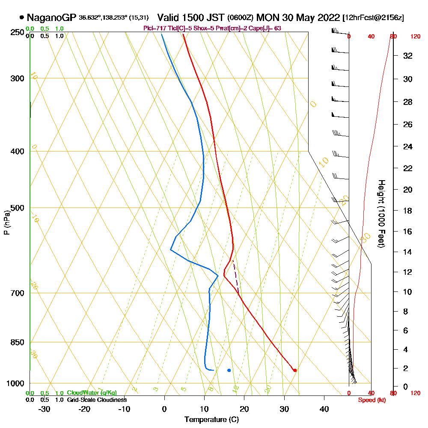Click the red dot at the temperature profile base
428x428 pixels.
pyautogui.click(x=295, y=370)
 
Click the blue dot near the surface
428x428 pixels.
pyautogui.click(x=229, y=370)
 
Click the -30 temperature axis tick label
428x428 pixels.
pyautogui.click(x=45, y=409)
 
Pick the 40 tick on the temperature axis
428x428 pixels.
pyautogui.click(x=324, y=409)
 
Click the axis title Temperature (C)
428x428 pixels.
pyautogui.click(x=211, y=420)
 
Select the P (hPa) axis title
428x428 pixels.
pyautogui.click(x=6, y=223)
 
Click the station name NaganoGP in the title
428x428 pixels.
pyautogui.click(x=51, y=18)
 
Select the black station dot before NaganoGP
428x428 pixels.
pyautogui.click(x=22, y=18)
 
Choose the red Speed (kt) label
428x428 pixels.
pyautogui.click(x=371, y=400)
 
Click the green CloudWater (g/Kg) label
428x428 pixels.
pyautogui.click(x=92, y=393)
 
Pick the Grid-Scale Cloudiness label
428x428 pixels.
pyautogui.click(x=96, y=400)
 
